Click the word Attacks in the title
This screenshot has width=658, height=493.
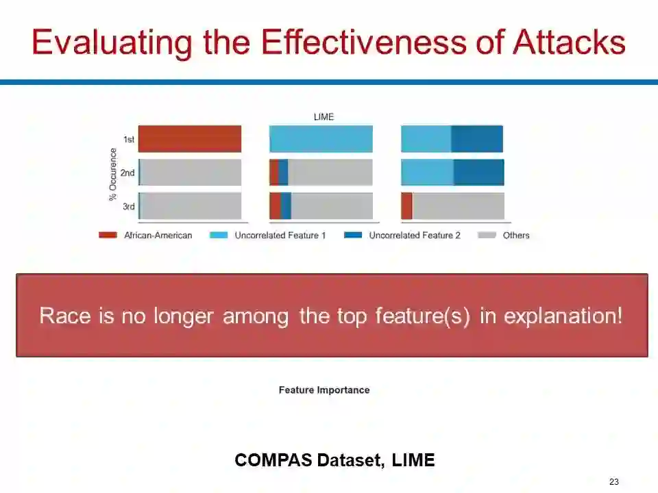[x=569, y=42]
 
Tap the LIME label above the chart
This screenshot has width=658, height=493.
[x=324, y=117]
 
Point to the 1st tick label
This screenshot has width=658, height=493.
[x=129, y=139]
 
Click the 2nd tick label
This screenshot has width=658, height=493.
[x=127, y=173]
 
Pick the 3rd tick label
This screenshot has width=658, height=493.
[x=129, y=206]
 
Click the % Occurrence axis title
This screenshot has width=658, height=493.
[x=112, y=175]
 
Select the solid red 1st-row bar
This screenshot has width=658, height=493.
[x=190, y=139]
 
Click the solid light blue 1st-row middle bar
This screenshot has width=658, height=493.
[x=321, y=139]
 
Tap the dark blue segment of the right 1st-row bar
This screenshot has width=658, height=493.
[x=477, y=139]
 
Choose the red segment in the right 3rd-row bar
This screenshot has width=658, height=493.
[x=406, y=206]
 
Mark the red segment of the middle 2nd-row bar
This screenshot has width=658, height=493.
[x=274, y=173]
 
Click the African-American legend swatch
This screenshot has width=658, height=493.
[x=108, y=235]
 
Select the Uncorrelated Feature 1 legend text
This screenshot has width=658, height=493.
[x=280, y=235]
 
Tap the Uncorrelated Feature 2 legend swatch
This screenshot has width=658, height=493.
[x=353, y=235]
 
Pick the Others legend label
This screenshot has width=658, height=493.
[x=516, y=235]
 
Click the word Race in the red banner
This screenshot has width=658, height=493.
[x=65, y=316]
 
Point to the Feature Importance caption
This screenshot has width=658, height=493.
[x=324, y=390]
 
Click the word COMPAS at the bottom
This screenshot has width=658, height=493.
[x=273, y=460]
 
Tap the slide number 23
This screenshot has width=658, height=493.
[x=614, y=481]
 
